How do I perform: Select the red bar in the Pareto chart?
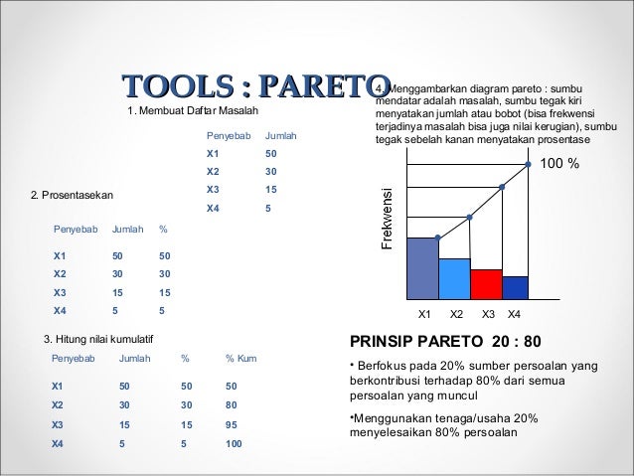pos(486,284)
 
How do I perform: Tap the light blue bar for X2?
pos(454,278)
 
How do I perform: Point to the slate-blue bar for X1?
pos(422,268)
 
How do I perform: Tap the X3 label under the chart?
pos(488,315)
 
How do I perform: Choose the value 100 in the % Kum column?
pos(234,444)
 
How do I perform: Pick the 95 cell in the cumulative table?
pos(232,424)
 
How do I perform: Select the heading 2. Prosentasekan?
pos(72,195)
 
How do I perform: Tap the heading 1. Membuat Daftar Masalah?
pos(193,109)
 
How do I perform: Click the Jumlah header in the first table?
pos(281,135)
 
